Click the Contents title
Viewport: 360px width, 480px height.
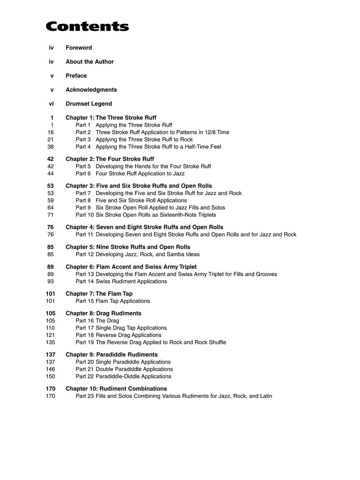tap(87, 27)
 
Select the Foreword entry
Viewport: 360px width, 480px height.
tap(79, 48)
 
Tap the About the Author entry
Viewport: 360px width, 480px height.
tap(90, 62)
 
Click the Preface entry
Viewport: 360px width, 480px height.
tap(76, 76)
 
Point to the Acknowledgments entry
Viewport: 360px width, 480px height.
tap(91, 90)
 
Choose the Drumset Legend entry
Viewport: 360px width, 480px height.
tap(89, 104)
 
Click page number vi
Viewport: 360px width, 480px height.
tap(51, 104)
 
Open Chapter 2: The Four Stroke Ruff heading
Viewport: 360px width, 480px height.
tap(110, 159)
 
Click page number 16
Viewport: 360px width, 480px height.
tap(50, 132)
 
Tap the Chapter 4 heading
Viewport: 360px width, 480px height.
tap(144, 227)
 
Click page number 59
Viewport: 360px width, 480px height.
tap(50, 200)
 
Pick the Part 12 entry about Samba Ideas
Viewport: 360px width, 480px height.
tap(137, 255)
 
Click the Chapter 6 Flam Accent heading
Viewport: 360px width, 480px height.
tap(131, 267)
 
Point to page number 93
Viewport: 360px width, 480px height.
tap(50, 282)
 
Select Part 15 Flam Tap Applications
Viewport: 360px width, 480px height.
tap(112, 301)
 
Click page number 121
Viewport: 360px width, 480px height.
tap(50, 335)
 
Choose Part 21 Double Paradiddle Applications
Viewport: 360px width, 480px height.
tap(124, 370)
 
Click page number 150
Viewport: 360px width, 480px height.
tap(50, 377)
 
